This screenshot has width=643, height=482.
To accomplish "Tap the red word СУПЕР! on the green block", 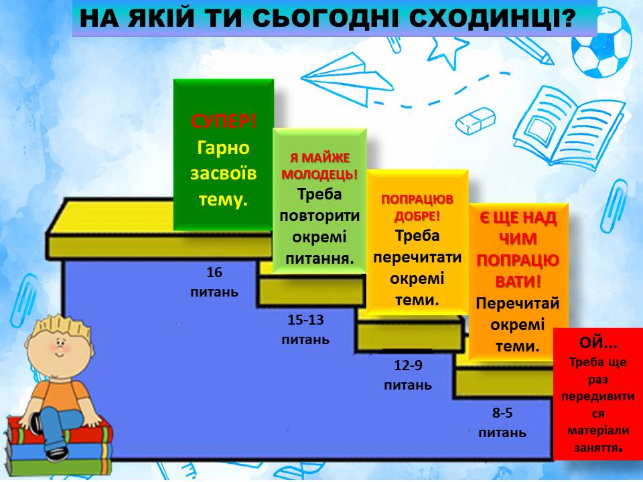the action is tap(224, 121).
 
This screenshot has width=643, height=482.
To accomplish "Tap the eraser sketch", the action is tap(475, 120).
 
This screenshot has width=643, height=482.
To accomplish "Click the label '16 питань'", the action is tap(214, 282).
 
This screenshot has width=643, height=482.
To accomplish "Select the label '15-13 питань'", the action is tap(305, 329).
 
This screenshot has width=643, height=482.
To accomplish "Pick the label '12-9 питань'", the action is tap(408, 375).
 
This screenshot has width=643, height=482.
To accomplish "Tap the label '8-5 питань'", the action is tap(502, 422).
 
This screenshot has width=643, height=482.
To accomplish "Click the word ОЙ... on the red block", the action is tap(598, 343).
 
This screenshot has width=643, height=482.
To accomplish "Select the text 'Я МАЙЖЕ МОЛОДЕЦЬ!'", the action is tap(319, 166).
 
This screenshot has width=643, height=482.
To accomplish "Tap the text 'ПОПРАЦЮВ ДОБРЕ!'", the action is tap(417, 208).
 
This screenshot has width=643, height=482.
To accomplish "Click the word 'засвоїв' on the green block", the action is tap(224, 173).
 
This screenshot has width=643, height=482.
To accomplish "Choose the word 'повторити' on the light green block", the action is tap(319, 216).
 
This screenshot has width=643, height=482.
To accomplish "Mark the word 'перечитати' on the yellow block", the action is tap(417, 257).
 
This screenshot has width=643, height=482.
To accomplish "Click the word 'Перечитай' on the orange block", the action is tap(518, 303).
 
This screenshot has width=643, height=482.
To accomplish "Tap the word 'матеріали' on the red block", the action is tap(598, 430).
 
